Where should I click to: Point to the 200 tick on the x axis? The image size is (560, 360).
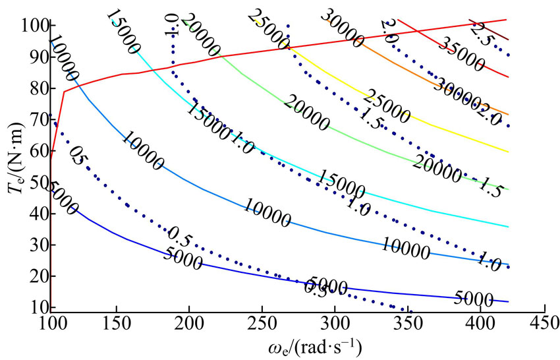click(x=189, y=322)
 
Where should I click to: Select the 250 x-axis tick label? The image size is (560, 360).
click(x=262, y=322)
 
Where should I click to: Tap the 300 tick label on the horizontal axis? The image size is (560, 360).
click(x=335, y=322)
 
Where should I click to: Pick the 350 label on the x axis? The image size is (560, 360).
click(x=408, y=322)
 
